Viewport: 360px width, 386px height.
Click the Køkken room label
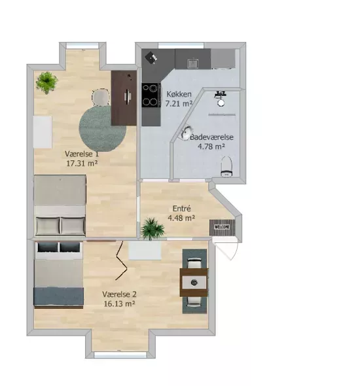tap(179, 94)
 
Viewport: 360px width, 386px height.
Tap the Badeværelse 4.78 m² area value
tap(211, 147)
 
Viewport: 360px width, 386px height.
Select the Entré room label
tap(181, 209)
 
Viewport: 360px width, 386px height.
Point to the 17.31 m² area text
tap(82, 163)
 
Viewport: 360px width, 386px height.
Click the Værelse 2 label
tap(119, 294)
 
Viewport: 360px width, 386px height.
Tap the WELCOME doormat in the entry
tap(223, 227)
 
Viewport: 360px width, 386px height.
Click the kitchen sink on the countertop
tap(193, 63)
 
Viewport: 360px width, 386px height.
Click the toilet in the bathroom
tap(226, 166)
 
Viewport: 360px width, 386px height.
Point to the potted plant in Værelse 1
tap(46, 82)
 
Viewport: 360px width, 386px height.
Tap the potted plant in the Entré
tap(152, 228)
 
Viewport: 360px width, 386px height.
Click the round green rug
tap(102, 128)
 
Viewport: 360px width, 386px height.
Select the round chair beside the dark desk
tap(101, 97)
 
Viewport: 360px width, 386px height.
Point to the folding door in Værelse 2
tap(121, 261)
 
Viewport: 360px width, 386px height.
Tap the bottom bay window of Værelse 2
tap(120, 355)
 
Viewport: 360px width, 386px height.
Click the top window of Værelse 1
tap(82, 46)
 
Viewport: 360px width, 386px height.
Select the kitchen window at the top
tap(181, 46)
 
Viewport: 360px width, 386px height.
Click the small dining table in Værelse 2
tap(194, 282)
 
